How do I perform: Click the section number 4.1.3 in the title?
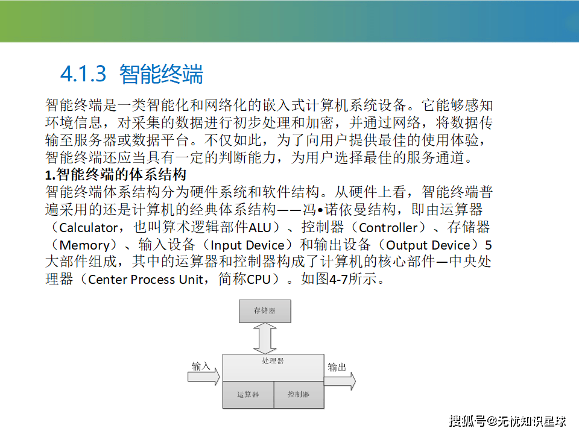point(83,74)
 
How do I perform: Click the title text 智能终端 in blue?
point(162,74)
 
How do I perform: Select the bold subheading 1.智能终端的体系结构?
point(116,175)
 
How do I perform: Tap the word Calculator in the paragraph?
point(88,228)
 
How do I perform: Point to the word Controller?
point(388,228)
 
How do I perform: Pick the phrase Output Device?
point(428,245)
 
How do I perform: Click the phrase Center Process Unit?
point(145,280)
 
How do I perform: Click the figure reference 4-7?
point(338,280)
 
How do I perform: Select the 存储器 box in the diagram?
point(265,311)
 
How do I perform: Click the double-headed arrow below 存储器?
point(265,338)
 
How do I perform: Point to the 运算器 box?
point(248,395)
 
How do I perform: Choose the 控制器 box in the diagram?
point(299,395)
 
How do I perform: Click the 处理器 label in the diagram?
point(273,361)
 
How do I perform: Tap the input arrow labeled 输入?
point(204,377)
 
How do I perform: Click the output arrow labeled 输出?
point(340,381)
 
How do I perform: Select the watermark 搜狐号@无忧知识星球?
point(508,421)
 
